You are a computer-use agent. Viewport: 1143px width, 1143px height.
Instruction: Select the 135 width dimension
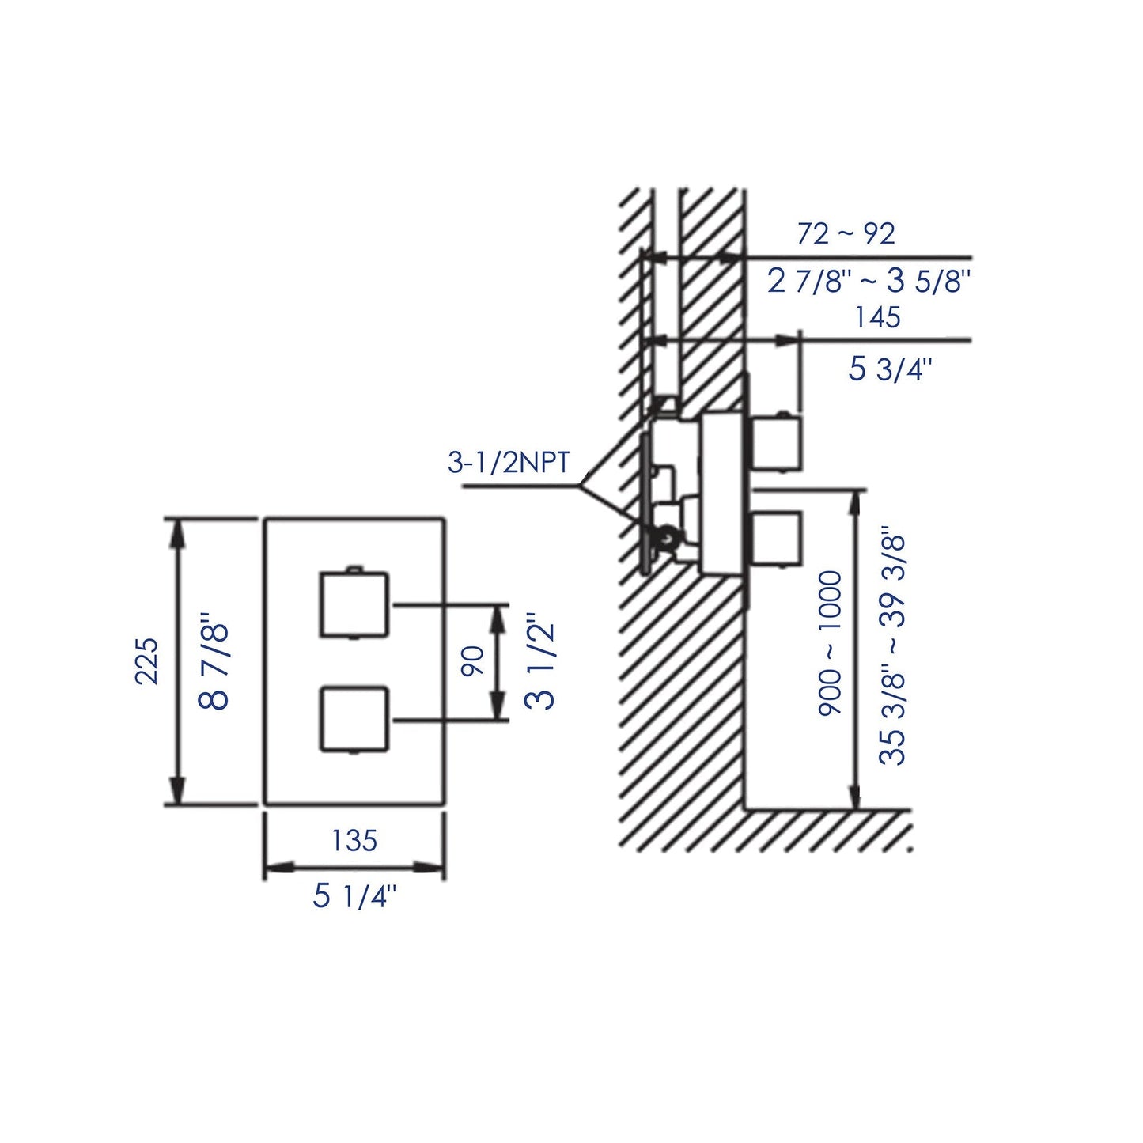(354, 840)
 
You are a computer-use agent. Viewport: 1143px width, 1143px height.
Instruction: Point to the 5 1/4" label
(354, 896)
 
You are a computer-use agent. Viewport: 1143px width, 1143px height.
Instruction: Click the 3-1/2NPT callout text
(509, 463)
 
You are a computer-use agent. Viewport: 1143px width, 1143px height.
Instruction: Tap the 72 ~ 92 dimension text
(846, 234)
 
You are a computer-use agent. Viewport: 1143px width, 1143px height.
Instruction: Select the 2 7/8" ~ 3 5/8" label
(869, 281)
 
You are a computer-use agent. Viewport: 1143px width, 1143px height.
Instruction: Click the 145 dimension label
(877, 317)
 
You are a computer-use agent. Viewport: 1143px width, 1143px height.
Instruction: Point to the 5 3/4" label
(890, 369)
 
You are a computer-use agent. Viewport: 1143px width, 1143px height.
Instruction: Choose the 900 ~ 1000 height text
(831, 643)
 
